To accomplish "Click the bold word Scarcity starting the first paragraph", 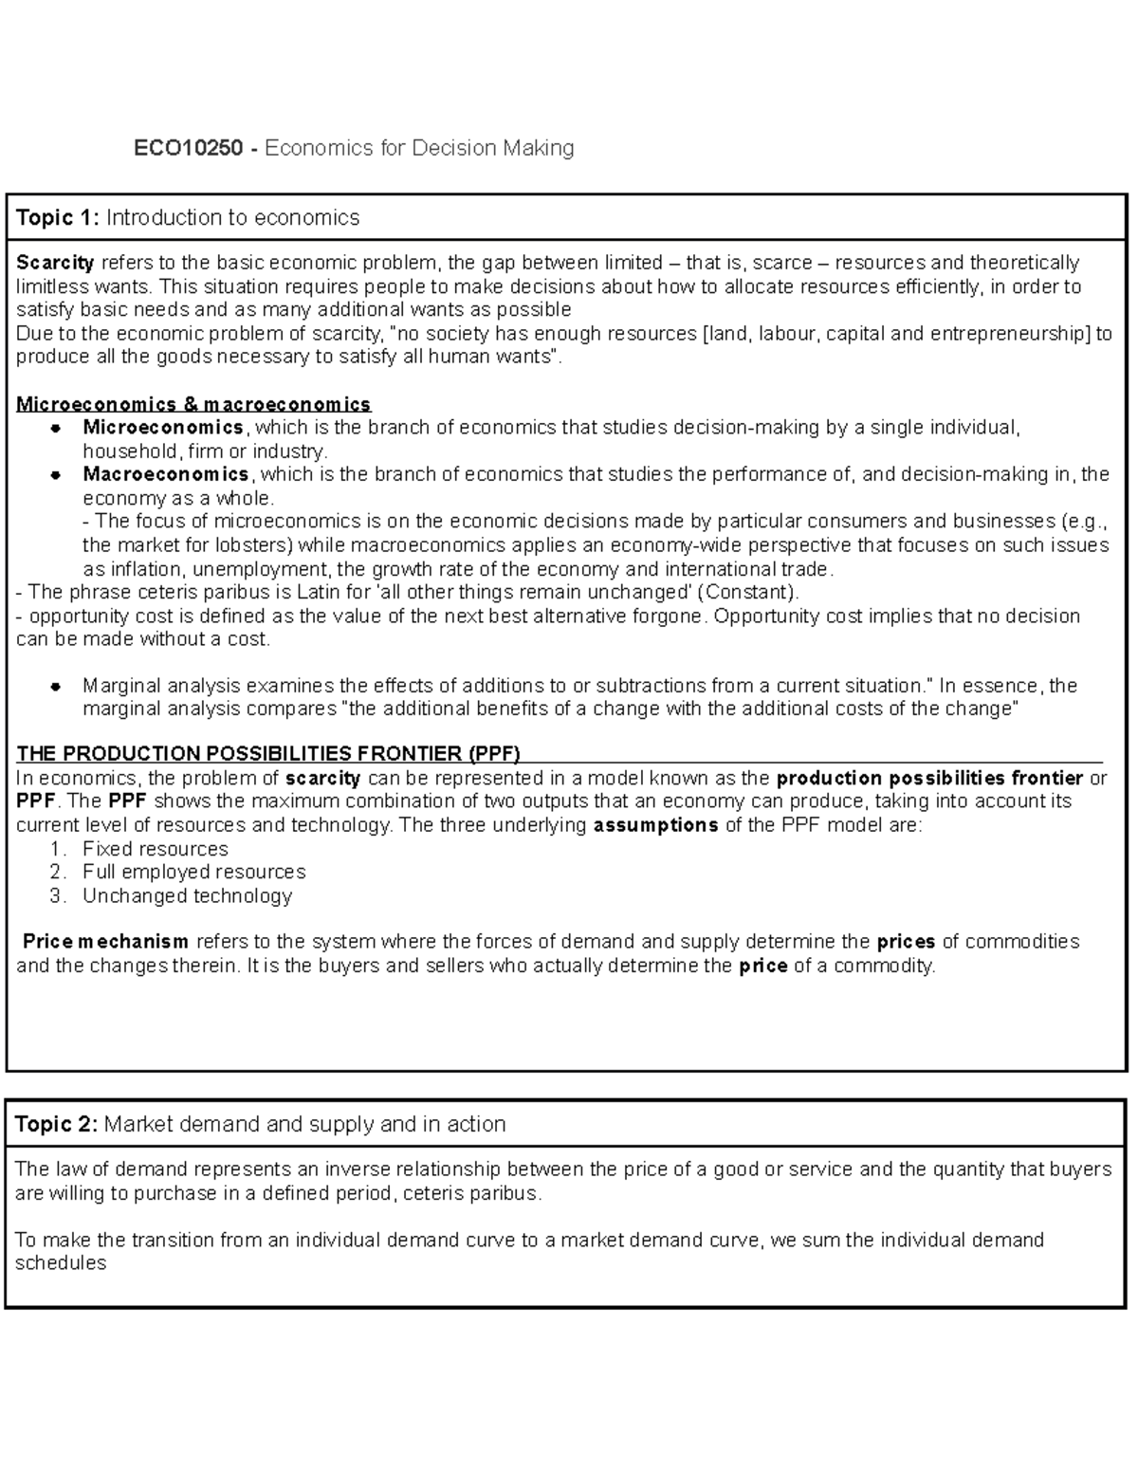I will (x=55, y=263).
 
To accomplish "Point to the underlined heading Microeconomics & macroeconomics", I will (x=193, y=404).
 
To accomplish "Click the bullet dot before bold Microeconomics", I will (x=56, y=429).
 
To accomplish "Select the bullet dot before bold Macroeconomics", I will (x=56, y=475).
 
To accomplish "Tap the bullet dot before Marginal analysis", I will (x=56, y=686).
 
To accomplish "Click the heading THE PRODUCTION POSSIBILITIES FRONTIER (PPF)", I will (x=268, y=755).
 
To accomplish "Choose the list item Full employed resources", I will (x=193, y=872).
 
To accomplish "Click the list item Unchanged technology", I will (x=187, y=895).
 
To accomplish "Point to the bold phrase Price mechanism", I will (x=105, y=942).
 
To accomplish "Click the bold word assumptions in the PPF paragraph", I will (x=655, y=825).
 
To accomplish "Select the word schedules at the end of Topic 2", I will (x=61, y=1263).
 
